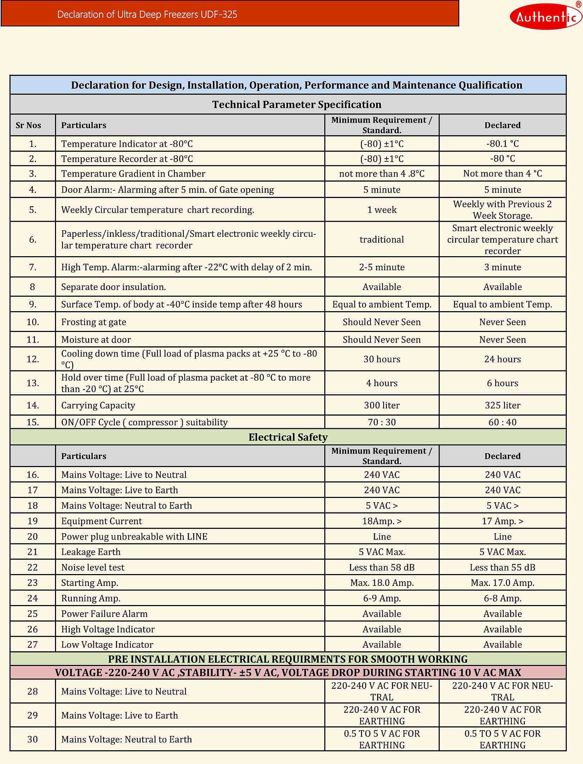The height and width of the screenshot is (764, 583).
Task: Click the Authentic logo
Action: pos(546,16)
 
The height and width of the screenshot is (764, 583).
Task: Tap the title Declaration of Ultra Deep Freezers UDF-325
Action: pos(147,14)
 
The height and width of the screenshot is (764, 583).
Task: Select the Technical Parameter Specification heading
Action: pos(296,104)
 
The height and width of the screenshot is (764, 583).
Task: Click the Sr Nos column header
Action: pos(28,125)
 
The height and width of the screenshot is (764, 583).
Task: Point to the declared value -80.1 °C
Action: pos(502,144)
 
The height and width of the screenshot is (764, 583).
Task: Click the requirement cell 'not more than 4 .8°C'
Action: pos(381,173)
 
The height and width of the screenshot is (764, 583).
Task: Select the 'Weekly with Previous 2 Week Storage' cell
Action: pos(502,210)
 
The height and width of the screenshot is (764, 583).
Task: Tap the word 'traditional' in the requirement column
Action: pos(381,240)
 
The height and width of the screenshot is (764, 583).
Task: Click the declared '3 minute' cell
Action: pos(502,267)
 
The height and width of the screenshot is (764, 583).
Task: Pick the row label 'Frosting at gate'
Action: pos(93,322)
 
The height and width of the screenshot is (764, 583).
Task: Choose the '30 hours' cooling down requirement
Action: pos(381,359)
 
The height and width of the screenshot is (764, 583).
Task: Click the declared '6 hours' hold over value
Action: pos(502,383)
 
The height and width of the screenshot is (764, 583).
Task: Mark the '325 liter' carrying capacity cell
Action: pos(502,405)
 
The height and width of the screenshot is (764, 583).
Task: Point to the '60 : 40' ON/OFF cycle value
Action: pos(502,422)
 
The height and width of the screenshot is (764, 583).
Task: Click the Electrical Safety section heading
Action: pos(288,437)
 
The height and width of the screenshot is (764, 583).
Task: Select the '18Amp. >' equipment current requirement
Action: pos(381,521)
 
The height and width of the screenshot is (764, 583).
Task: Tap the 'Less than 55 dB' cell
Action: pos(502,567)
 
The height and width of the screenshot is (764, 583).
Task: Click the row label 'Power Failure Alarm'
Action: pos(104,614)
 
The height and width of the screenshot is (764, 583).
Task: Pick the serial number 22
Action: pos(32,567)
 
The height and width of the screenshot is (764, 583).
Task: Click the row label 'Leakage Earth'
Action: pos(91,552)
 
